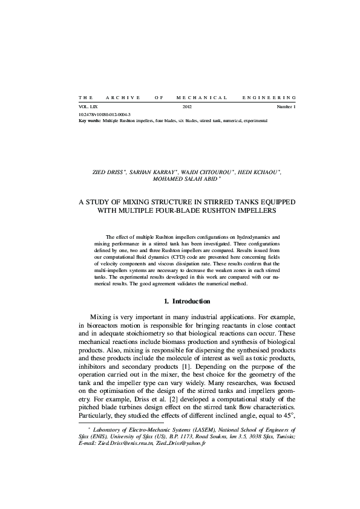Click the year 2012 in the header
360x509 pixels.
[186, 107]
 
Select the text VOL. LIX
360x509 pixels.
[88, 107]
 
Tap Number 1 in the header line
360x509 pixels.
[286, 107]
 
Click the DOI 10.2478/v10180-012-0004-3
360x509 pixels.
[105, 114]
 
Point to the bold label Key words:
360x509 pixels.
[90, 120]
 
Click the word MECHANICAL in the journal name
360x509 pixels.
[201, 97]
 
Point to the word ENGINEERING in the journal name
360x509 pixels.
[269, 97]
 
